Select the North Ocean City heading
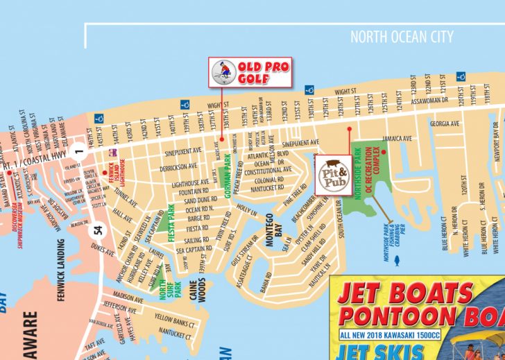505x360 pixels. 402,37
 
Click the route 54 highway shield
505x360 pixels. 99,230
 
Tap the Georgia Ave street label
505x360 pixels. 445,124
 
